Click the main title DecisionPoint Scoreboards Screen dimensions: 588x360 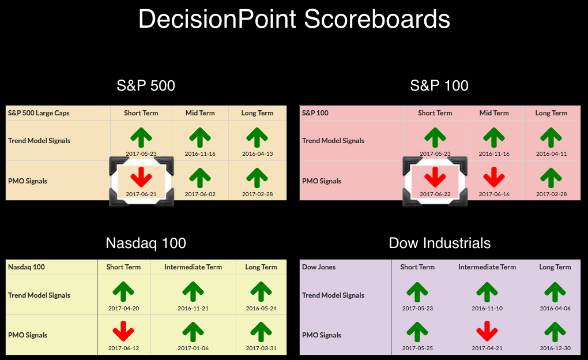294,19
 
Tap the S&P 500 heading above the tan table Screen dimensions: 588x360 146,85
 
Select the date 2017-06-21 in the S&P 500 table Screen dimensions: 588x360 141,194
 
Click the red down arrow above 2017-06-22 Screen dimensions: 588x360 435,177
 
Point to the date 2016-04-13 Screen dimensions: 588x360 257,153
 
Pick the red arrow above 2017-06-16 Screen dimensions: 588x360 494,177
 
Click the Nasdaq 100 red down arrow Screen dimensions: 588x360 123,331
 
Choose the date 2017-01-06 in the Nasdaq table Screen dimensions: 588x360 193,348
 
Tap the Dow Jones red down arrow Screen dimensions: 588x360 487,331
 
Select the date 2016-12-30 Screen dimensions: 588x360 555,348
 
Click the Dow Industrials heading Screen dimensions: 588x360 439,243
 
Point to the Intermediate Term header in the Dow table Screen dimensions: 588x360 487,267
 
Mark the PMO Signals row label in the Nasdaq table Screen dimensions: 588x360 28,335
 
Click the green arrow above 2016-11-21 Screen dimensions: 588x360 193,292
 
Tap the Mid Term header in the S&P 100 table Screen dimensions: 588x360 494,113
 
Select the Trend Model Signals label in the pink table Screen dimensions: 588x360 333,141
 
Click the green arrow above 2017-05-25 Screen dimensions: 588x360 417,332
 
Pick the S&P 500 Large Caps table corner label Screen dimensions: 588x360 39,113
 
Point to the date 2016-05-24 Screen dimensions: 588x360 261,308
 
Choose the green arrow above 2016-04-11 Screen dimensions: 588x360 551,137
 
